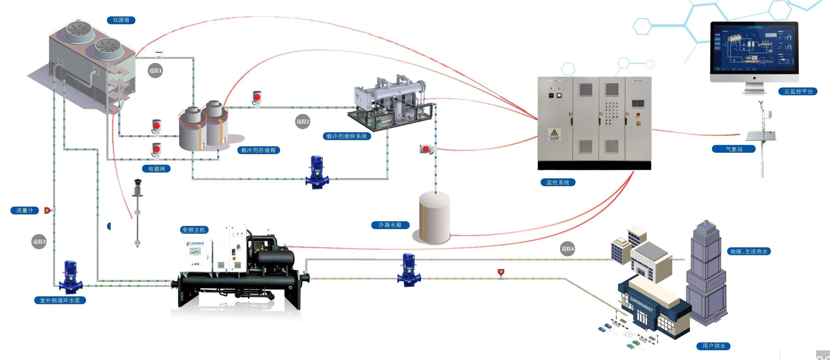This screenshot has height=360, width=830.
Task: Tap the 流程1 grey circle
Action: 155,70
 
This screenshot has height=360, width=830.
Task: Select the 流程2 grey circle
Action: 303,122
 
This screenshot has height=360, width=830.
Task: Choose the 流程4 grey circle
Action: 567,249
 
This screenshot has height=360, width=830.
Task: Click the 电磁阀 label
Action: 157,168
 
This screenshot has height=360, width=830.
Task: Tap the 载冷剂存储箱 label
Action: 258,150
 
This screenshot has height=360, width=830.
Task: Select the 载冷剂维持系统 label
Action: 346,136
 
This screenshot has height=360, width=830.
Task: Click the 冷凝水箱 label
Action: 390,225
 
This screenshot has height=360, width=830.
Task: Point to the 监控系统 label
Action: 558,182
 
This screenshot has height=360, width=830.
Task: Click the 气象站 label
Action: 734,149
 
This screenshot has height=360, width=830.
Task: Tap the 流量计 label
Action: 25,211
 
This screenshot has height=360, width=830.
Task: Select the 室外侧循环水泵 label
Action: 60,300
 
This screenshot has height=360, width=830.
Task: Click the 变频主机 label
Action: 194,230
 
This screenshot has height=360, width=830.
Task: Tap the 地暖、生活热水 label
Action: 748,251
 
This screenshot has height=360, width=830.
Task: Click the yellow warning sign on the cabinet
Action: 554,133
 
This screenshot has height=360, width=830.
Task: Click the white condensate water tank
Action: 434,218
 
